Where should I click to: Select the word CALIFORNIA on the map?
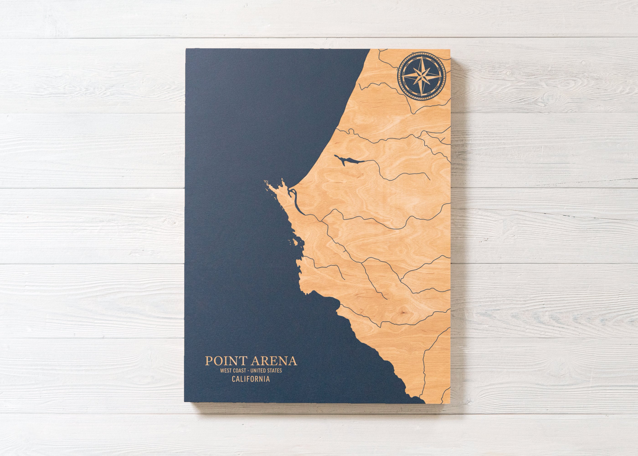pos(251,379)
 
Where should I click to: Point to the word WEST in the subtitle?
pos(226,371)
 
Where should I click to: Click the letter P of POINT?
pos(208,361)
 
